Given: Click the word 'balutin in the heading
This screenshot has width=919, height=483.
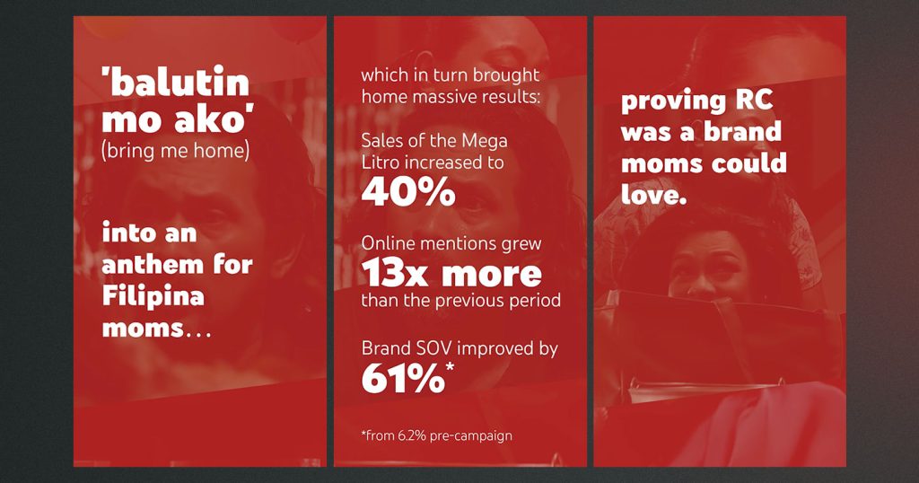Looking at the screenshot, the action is [x=175, y=82].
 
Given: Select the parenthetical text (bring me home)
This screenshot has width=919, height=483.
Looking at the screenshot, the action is [x=176, y=151].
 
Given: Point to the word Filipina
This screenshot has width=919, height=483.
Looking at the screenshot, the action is [x=153, y=296].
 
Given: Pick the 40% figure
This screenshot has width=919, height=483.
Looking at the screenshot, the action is [x=408, y=191].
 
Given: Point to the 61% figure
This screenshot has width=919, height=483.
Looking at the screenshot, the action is [x=403, y=379].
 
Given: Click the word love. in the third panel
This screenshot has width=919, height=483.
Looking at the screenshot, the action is [x=653, y=195].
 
